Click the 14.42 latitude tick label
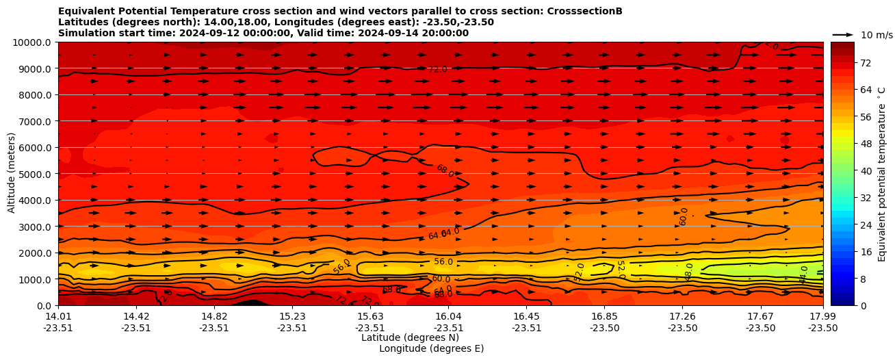pos(136,316)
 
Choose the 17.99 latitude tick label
pos(822,316)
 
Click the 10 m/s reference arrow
pos(842,34)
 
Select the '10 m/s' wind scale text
pos(877,35)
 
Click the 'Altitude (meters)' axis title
pos(12,174)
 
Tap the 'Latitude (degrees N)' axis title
pos(410,337)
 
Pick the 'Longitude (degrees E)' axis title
pos(431,348)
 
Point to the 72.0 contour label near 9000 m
pos(437,69)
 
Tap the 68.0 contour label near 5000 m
pos(445,171)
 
